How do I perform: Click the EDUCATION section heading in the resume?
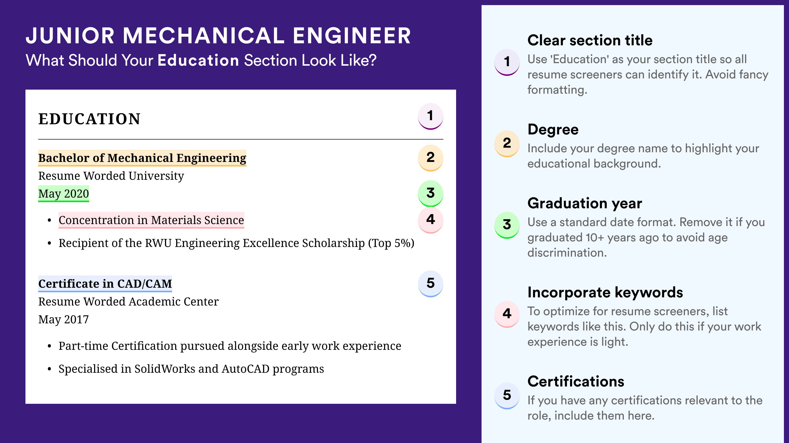pos(89,119)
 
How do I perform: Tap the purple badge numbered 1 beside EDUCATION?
pos(430,116)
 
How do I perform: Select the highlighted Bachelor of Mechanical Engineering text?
pos(142,158)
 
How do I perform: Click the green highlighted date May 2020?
pos(63,193)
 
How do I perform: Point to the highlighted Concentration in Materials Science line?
pos(151,220)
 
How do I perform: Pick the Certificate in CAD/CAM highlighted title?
pos(105,284)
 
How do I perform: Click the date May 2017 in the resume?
pos(63,320)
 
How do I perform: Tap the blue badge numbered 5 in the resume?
pos(430,284)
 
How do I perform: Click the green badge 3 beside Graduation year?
pos(507,225)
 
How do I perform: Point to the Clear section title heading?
pos(590,40)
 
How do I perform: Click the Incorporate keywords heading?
pos(605,292)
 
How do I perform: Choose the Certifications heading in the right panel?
pos(576,381)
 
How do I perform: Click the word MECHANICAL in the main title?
pos(204,36)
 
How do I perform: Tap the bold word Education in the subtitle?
pos(198,60)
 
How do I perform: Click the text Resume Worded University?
pos(111,176)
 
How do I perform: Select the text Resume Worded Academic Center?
pos(128,302)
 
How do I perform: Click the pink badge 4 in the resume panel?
pos(430,220)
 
